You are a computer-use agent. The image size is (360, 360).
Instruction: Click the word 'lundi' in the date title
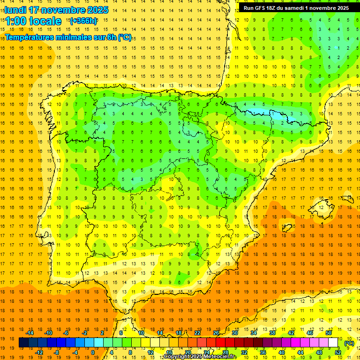point(15,10)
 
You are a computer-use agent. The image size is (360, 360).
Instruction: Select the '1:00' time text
point(15,21)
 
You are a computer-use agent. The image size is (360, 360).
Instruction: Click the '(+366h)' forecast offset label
point(83,21)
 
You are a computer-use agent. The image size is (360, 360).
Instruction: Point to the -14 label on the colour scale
point(30,333)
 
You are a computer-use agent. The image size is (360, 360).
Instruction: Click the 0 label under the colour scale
point(93,352)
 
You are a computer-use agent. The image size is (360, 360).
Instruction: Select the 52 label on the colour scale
point(338,352)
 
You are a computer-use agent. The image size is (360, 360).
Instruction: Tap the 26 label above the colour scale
point(216,333)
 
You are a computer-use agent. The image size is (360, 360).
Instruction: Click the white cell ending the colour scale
point(333,343)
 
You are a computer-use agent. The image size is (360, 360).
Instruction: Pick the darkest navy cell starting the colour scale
point(23,343)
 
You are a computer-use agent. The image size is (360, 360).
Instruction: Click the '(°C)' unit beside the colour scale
point(349,343)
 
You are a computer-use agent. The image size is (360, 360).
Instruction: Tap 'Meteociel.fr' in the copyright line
point(220,357)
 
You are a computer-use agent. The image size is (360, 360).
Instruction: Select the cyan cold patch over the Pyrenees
point(262,112)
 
